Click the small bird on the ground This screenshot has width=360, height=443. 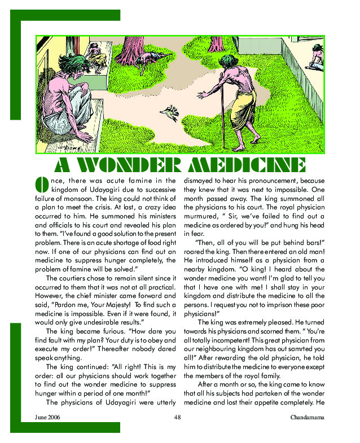[x=169, y=113]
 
